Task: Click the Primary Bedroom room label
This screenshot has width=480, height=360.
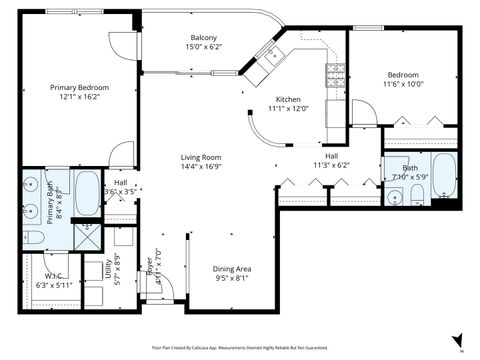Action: (79, 88)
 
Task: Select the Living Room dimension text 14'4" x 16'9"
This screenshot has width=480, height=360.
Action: (200, 168)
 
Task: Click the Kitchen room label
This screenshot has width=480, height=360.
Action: (288, 99)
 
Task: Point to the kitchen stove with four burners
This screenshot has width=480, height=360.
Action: (334, 72)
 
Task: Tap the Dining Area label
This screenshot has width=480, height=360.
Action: (238, 269)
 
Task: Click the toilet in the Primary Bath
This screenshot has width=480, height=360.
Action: (32, 237)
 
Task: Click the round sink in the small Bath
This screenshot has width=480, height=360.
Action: (395, 196)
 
